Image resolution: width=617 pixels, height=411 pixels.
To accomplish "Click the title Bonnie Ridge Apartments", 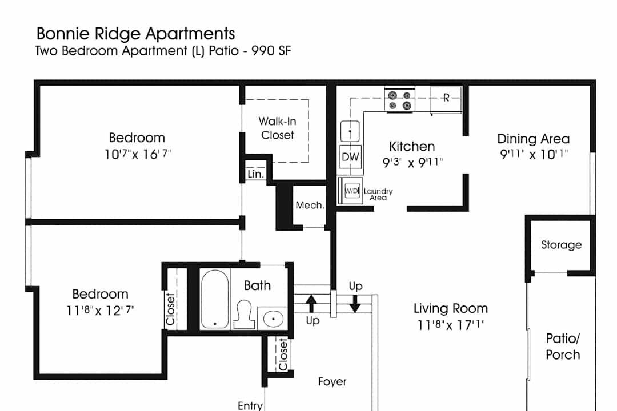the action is coord(136,34).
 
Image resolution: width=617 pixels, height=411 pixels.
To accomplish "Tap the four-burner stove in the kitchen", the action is coord(399,100).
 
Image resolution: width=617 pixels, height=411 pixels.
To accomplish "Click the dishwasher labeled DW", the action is coord(350,157).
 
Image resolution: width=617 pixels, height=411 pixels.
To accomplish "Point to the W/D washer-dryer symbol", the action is coord(352,191).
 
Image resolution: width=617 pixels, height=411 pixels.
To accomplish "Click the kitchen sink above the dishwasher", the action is coord(350,131).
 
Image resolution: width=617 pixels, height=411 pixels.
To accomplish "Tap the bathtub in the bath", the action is coord(215,299).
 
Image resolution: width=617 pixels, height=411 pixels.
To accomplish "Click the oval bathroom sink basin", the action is coord(273,318).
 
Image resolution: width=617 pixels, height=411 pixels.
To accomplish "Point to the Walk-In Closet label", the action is coord(278,128).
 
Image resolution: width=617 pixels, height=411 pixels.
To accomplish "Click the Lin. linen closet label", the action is coord(256,174).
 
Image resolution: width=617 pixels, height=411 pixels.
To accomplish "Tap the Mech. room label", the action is coord(310,205).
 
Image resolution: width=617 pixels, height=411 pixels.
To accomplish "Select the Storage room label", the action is coord(562,245).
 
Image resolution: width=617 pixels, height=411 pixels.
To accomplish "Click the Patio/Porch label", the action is coord(563,346).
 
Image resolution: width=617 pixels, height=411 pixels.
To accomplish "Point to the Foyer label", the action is coord(332,381).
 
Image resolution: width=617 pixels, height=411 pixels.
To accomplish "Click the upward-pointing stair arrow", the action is coord(311,304).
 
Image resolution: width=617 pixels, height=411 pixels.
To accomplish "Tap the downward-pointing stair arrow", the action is coord(355,304).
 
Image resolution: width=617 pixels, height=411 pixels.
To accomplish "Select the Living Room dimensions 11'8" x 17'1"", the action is coord(451,325).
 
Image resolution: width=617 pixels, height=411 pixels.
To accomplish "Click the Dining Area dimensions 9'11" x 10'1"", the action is coord(534,154).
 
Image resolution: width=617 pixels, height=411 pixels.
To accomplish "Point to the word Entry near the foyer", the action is coord(250,406).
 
